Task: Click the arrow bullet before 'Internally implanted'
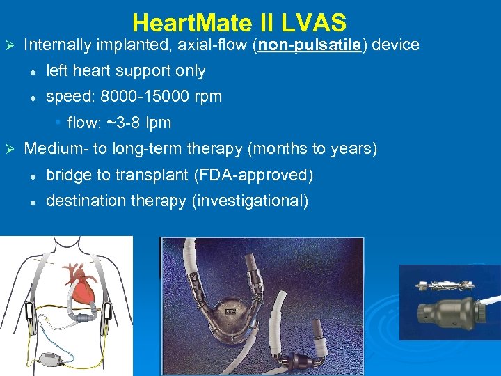[10, 45]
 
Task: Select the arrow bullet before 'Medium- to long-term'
[10, 149]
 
